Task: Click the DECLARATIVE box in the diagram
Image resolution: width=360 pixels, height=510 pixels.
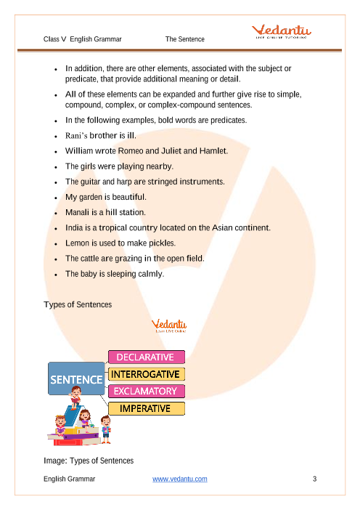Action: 147,357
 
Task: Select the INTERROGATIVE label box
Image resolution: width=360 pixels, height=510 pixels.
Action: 147,374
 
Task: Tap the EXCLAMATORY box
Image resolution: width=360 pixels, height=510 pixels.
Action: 147,392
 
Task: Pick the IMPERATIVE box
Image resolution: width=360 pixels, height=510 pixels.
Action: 147,408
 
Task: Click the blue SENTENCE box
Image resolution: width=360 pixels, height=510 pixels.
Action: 76,379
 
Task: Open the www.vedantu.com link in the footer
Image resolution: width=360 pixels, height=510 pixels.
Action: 180,479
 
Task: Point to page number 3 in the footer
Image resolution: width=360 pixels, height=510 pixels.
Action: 314,479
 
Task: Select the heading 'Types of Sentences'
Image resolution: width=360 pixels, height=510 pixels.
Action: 78,304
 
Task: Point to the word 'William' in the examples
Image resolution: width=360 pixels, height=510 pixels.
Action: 79,151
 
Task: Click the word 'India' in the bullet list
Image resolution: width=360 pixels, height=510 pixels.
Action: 75,227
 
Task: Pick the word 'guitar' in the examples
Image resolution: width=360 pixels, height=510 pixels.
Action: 91,182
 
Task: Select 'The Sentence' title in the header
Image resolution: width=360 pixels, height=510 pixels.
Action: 185,39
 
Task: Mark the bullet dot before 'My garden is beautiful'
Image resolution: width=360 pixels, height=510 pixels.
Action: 56,197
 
